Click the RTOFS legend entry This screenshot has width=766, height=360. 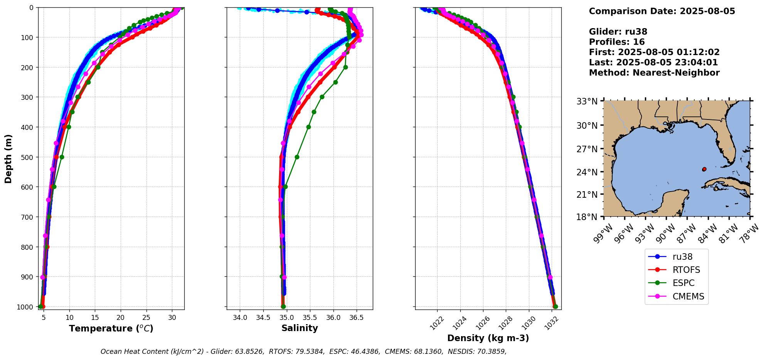point(686,270)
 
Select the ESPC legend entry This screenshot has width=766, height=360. point(683,283)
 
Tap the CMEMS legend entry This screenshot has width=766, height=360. point(688,296)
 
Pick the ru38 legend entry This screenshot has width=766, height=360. point(682,257)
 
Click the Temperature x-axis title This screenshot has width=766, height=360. point(111,328)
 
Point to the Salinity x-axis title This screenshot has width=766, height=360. point(300,328)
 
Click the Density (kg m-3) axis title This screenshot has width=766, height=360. point(488,338)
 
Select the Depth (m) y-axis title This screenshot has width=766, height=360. point(8,158)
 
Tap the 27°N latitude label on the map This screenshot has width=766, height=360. point(587,149)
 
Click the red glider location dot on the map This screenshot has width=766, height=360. point(704,169)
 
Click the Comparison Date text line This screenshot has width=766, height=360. point(662,11)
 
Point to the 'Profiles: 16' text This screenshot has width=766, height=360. point(617,42)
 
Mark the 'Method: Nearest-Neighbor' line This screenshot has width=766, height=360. point(654,72)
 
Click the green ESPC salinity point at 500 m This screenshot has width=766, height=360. point(297,157)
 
